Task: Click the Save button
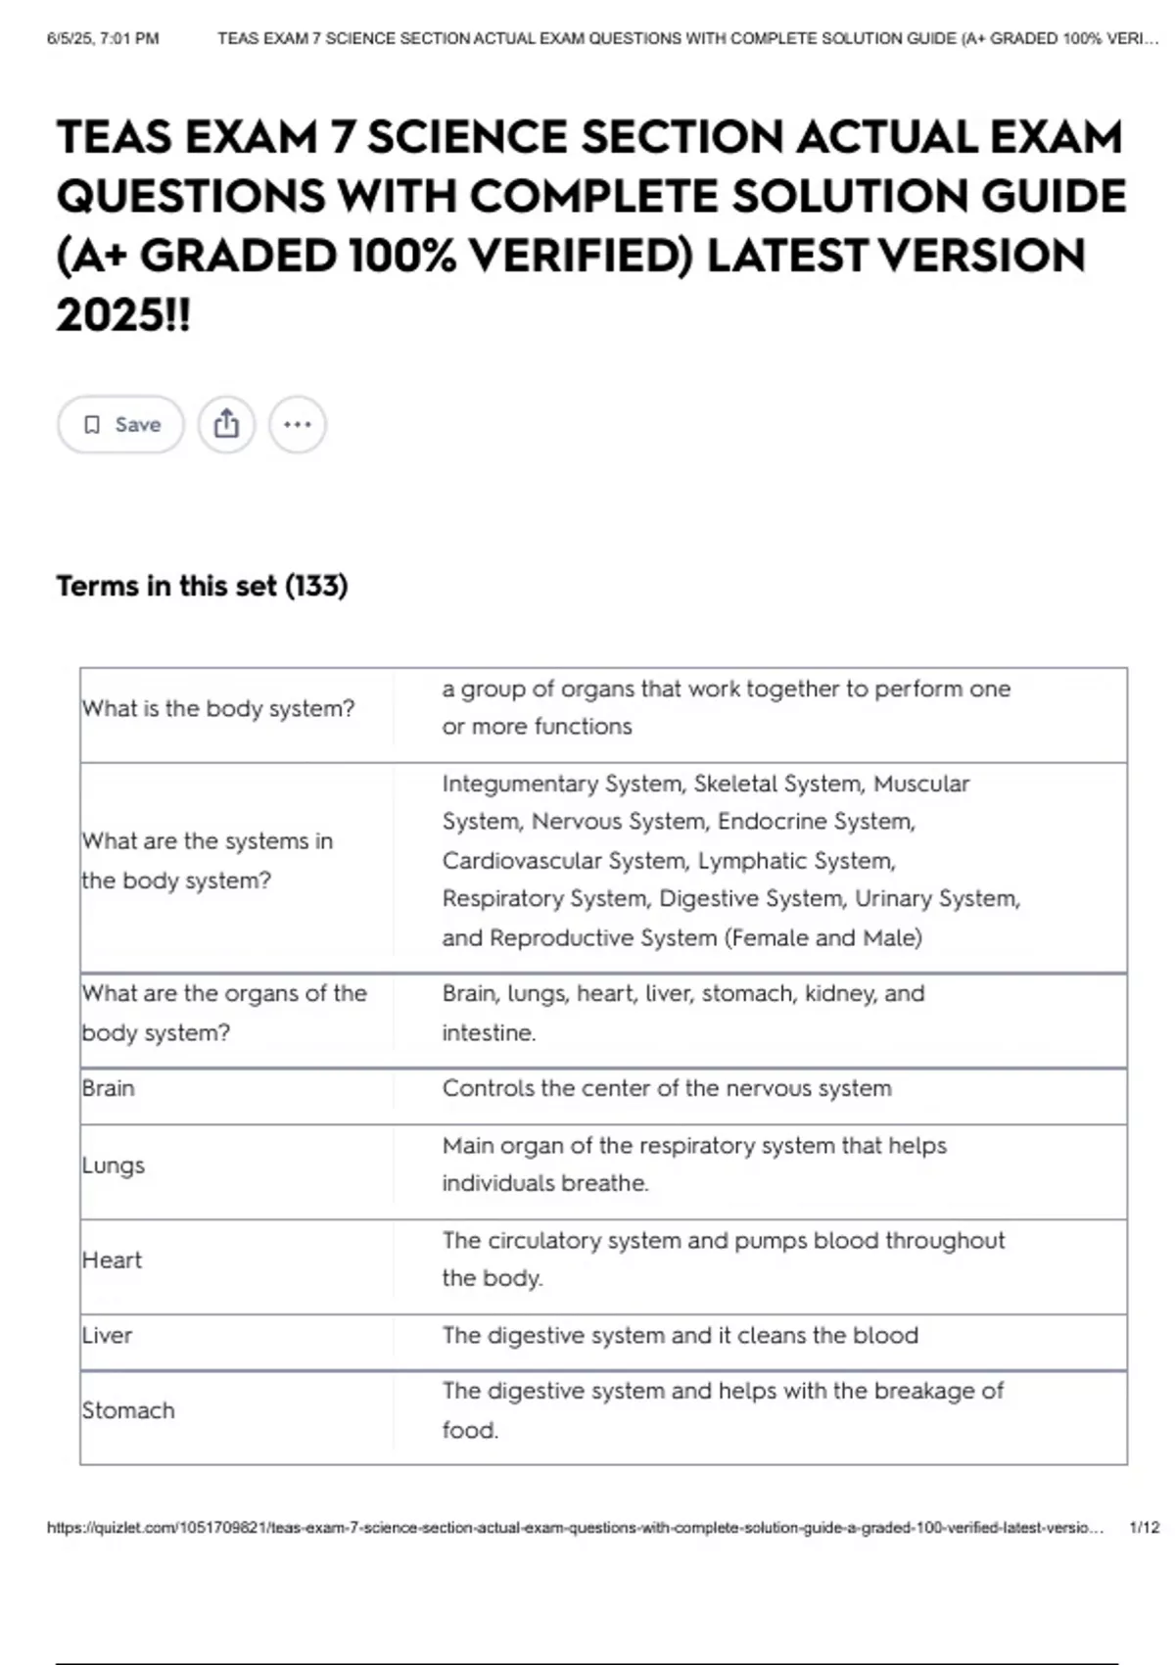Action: point(120,425)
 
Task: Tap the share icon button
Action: point(226,425)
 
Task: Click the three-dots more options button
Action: point(297,425)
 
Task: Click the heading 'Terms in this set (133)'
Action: point(202,586)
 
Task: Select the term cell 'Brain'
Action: point(109,1088)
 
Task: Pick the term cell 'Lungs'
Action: point(114,1165)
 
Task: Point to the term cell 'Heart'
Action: point(113,1260)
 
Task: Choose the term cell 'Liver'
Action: point(107,1335)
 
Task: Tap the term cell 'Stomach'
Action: point(128,1410)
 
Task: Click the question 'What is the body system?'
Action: point(218,708)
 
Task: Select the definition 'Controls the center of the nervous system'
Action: point(667,1088)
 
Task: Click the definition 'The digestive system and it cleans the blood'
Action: point(680,1335)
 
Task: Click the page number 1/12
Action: point(1144,1528)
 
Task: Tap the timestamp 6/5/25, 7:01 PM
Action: point(103,39)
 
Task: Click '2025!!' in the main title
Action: point(123,315)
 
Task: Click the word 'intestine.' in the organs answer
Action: point(489,1033)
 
